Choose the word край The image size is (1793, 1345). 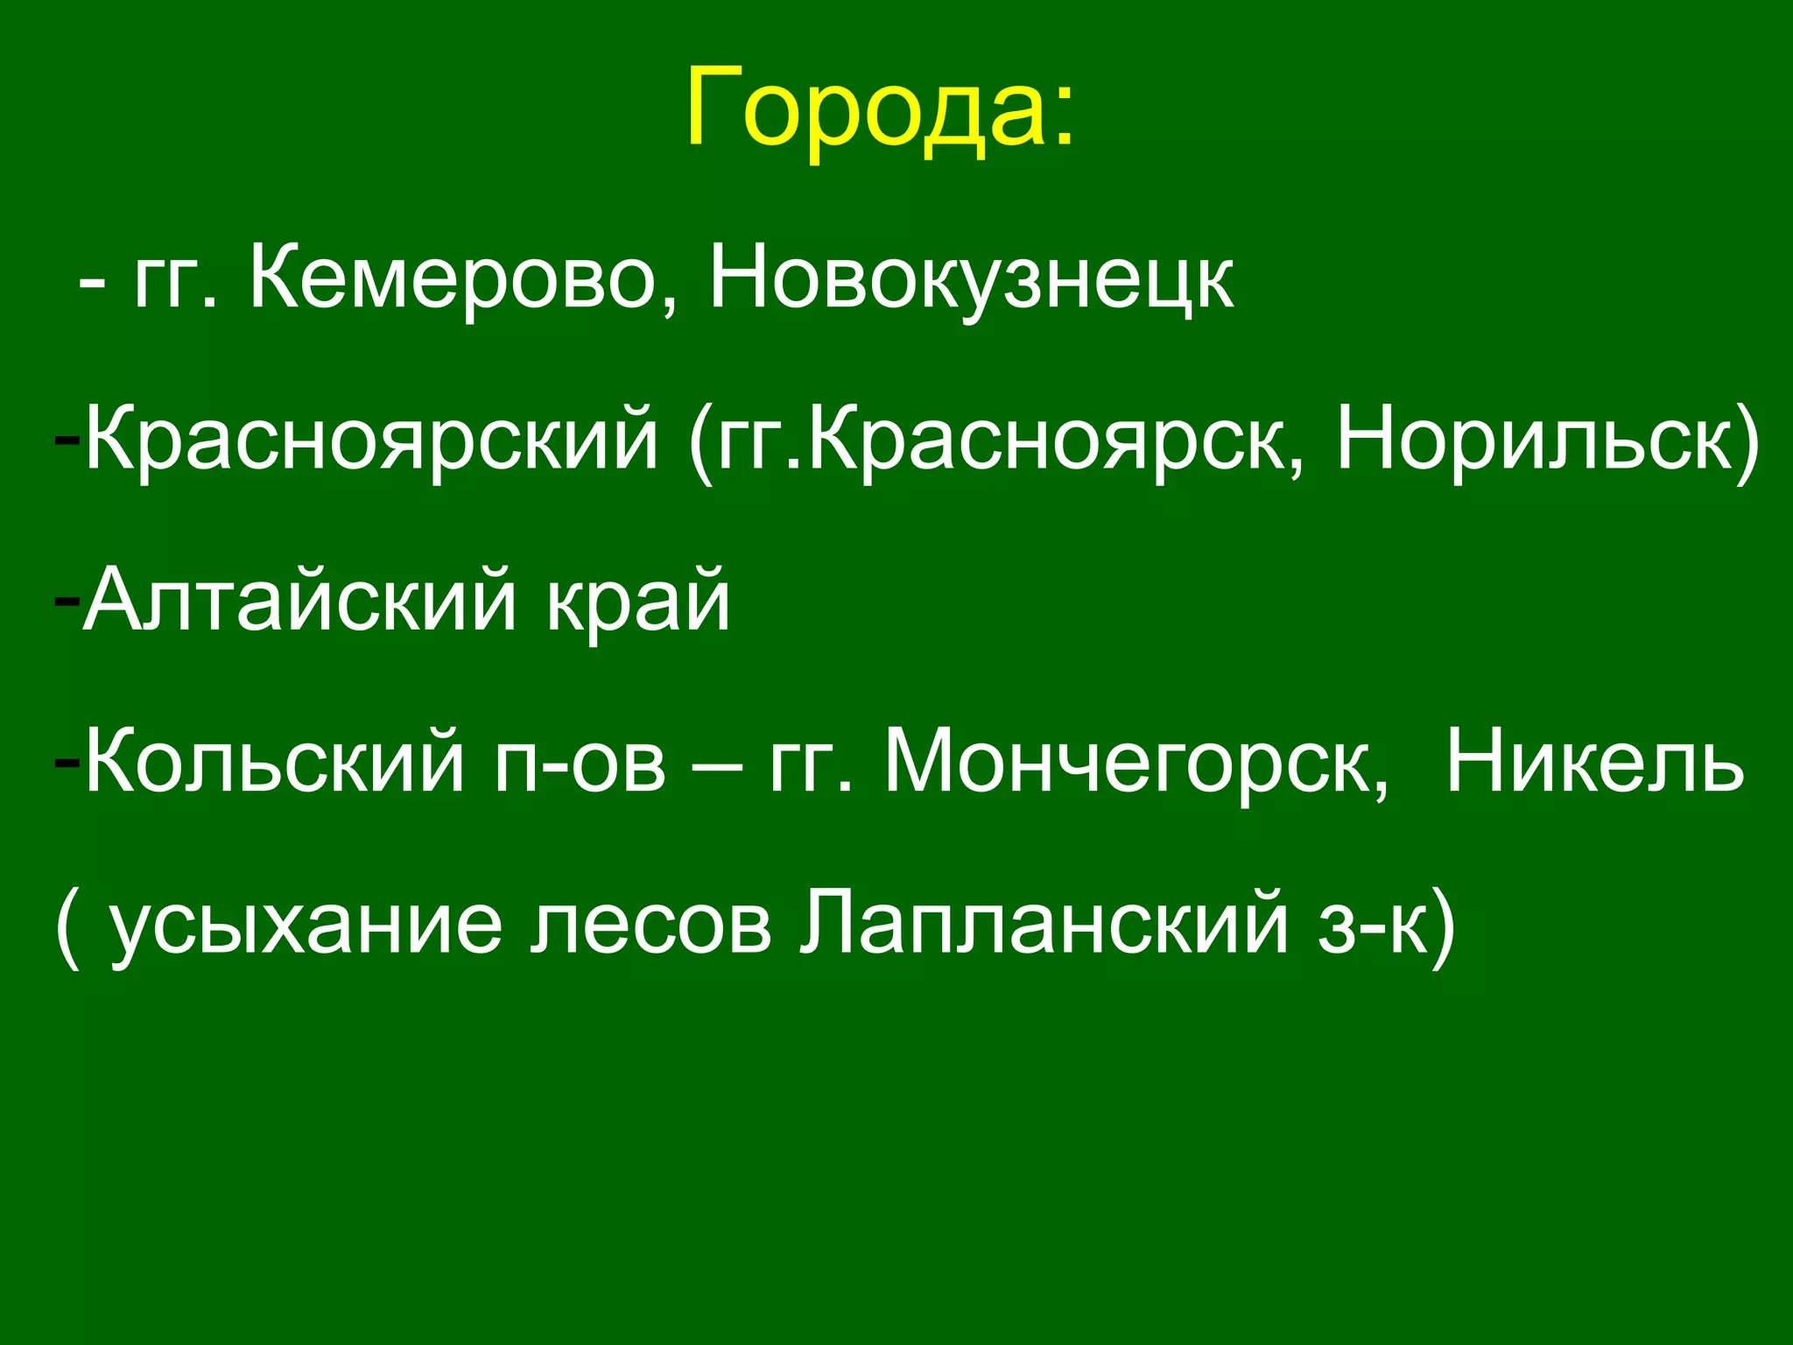[x=638, y=601]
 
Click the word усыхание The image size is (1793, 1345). [x=306, y=925]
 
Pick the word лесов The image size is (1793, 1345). [x=651, y=925]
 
